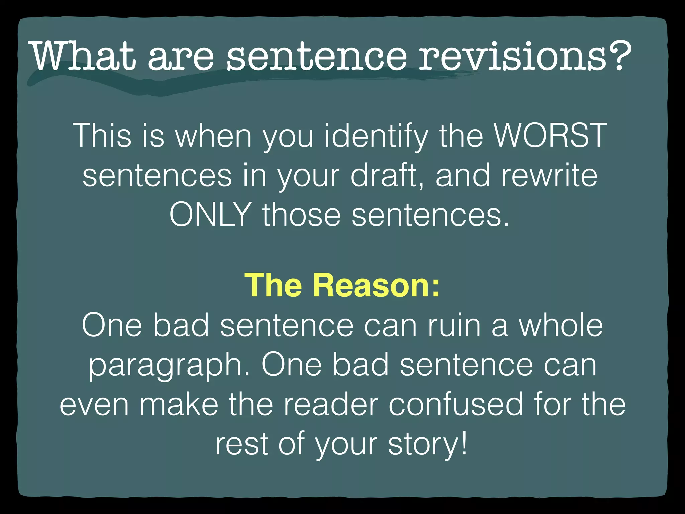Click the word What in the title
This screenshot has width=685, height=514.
click(x=84, y=56)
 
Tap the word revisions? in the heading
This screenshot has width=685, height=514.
click(x=525, y=56)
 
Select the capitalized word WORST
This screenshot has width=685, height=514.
click(x=550, y=136)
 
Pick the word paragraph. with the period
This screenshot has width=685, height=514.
click(x=169, y=366)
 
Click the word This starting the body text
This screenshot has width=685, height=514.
click(x=104, y=136)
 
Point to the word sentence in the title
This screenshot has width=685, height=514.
click(x=316, y=56)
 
